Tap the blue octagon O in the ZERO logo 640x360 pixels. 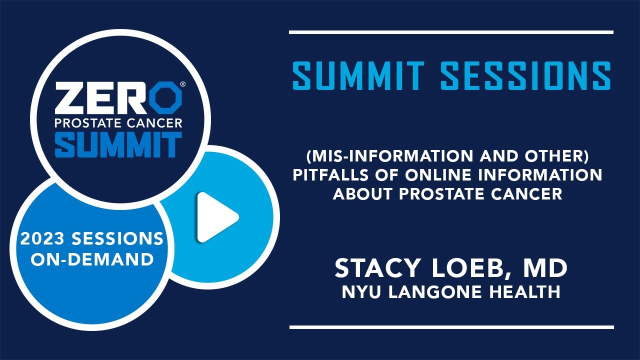(166, 97)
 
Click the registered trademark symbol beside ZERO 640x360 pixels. (183, 84)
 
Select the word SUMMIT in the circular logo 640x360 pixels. (118, 144)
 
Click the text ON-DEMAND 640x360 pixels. (92, 259)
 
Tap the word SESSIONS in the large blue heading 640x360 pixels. (525, 75)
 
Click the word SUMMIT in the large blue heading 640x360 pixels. (358, 75)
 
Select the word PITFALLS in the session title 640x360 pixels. (330, 174)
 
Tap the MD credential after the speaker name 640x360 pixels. (545, 268)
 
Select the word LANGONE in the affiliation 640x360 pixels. (435, 292)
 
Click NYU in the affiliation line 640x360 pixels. (361, 292)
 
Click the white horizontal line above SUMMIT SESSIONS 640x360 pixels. (451, 32)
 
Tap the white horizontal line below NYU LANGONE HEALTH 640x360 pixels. (451, 327)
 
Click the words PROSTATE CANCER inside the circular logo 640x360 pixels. (118, 123)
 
